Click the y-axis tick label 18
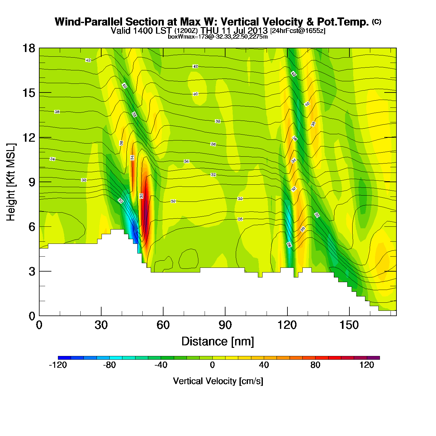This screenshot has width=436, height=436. pos(28,48)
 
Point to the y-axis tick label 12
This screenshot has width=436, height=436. pos(28,137)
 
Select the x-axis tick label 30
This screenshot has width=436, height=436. pos(101,325)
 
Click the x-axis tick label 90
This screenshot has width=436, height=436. pos(225,325)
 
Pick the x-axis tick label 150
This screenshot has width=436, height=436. pos(349,325)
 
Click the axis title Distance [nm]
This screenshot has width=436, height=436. pos(218,342)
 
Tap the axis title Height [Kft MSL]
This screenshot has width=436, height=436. pos(11,182)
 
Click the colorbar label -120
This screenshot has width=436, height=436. pos(58,365)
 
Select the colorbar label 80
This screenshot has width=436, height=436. pos(315,365)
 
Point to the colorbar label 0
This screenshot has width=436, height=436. pos(212,365)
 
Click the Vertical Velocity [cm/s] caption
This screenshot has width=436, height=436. pos(218,381)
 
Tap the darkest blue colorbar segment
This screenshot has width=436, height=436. pos(64,358)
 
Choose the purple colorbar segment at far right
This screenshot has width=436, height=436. pos(373,358)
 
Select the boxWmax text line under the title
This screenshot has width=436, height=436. pos(218,37)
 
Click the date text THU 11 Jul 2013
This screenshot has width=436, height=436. pos(234,31)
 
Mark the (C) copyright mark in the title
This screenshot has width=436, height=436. pos(377,21)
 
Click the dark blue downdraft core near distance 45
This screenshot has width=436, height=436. pos(134,230)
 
